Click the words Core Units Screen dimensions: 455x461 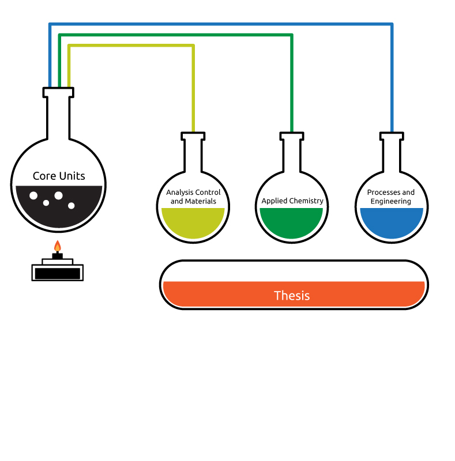[x=59, y=176]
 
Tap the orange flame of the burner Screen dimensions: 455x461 [x=58, y=246]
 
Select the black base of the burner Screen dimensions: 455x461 [x=58, y=273]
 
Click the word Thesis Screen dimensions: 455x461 [x=292, y=296]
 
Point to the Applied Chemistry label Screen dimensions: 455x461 [x=292, y=201]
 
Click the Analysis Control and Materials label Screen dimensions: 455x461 [x=193, y=197]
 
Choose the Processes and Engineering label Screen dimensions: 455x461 [x=390, y=197]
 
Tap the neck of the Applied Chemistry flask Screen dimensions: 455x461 [x=292, y=155]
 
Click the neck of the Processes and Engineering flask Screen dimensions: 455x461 [x=392, y=155]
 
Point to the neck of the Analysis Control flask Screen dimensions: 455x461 [x=193, y=155]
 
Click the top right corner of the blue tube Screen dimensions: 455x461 [x=392, y=24]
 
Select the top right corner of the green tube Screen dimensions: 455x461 [x=292, y=35]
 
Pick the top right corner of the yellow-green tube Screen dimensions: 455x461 [x=193, y=46]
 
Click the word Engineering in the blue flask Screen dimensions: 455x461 [x=390, y=201]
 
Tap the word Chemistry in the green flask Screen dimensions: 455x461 [x=307, y=201]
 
